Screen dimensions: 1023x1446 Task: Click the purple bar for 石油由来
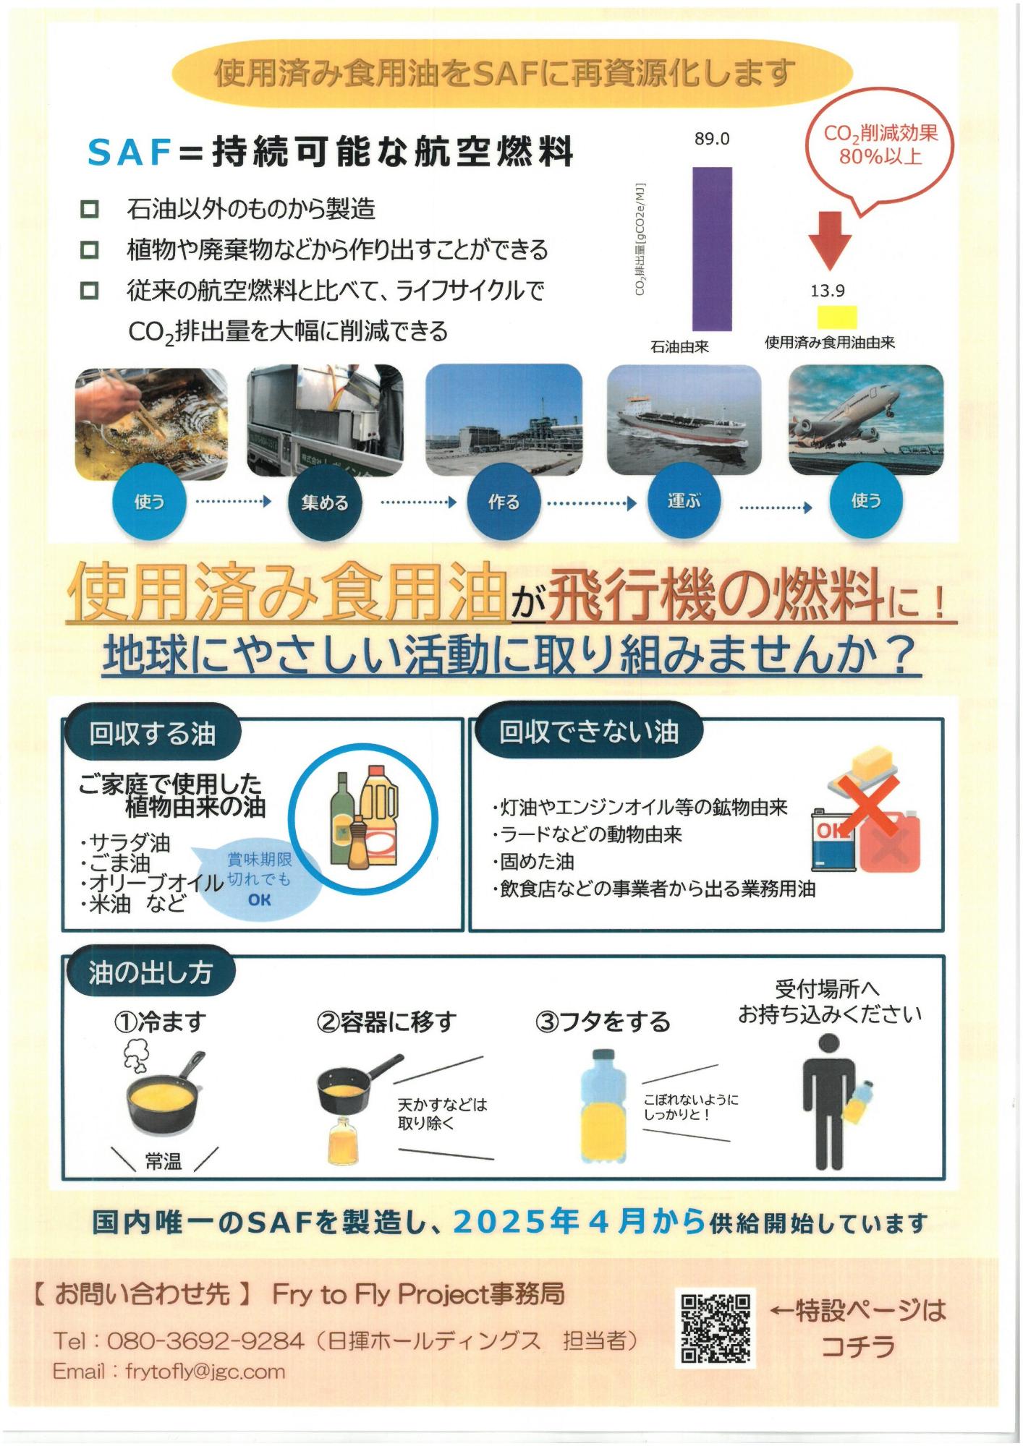[712, 249]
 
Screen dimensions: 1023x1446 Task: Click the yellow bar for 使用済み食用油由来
[837, 317]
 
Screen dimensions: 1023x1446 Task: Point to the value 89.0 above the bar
[712, 139]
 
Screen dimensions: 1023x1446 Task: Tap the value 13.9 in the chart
[828, 291]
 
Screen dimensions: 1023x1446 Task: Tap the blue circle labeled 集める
[324, 502]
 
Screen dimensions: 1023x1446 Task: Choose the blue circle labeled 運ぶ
[683, 500]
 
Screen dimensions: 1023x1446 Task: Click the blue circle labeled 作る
[504, 502]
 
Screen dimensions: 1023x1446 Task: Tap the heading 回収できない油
[589, 732]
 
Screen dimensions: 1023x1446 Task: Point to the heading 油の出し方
[150, 973]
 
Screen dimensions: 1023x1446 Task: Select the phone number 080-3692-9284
[205, 1340]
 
